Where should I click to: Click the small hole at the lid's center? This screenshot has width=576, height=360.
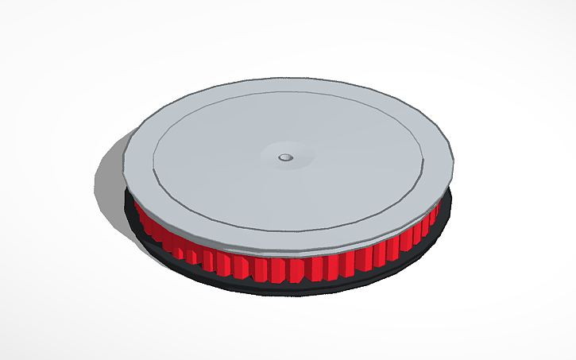click(x=285, y=157)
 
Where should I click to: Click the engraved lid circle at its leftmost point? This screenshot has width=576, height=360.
click(x=153, y=159)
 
